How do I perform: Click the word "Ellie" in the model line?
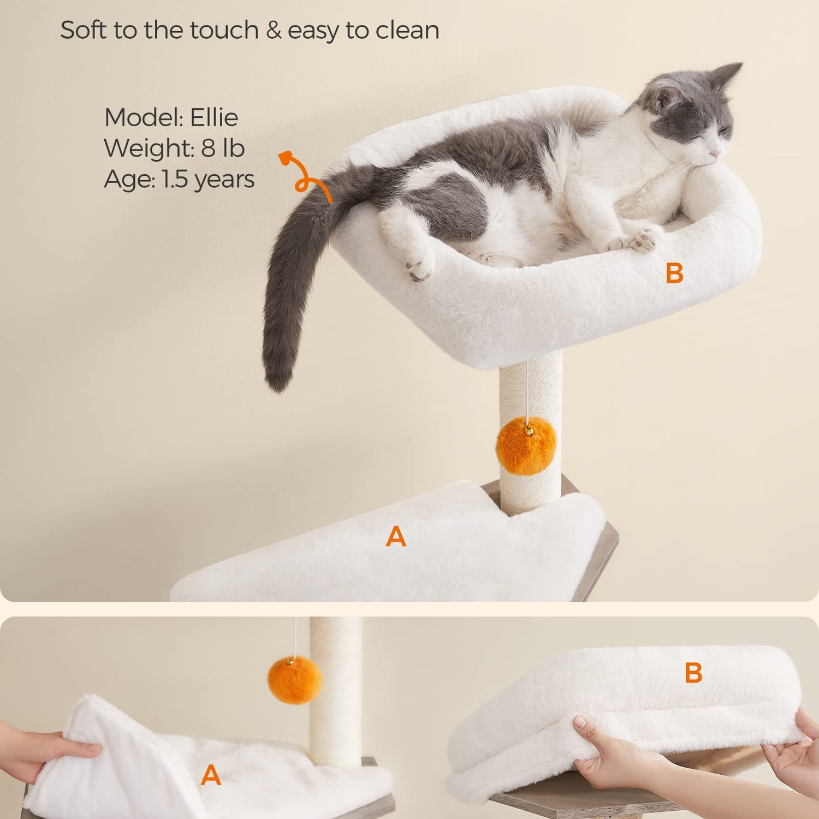[214, 117]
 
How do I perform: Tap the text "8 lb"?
[223, 148]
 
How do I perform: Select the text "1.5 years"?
[208, 180]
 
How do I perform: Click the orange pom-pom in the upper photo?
[526, 446]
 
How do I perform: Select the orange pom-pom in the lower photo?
[295, 680]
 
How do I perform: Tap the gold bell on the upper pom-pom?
[528, 432]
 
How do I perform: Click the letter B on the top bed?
[675, 273]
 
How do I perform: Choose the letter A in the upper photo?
[396, 537]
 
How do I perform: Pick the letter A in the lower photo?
[211, 775]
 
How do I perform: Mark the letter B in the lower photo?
[693, 673]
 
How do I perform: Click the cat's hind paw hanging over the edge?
[419, 266]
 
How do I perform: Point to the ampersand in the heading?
[274, 31]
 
